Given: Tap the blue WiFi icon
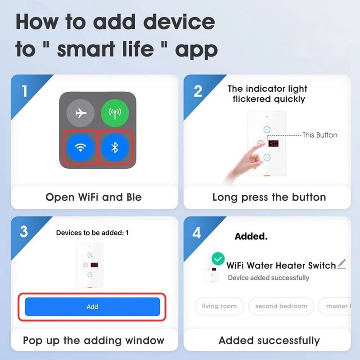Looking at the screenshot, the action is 81,148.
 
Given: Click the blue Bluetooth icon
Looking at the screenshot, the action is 115,148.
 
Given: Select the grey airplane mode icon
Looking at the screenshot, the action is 81,113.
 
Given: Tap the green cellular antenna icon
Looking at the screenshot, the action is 115,113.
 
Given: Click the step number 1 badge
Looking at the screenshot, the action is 25,91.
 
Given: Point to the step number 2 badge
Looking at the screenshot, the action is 198,91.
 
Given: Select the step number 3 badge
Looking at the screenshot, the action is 24,231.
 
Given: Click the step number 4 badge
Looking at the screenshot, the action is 197,233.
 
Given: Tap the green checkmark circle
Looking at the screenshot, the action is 218,259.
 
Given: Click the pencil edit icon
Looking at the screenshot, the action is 342,264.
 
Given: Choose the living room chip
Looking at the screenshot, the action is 219,306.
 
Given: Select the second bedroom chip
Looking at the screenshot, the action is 281,306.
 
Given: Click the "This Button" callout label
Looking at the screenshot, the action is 320,135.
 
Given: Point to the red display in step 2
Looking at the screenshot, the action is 274,144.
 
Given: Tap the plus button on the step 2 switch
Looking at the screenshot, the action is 267,130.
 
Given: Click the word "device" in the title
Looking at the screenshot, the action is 179,22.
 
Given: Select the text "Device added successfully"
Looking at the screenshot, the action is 268,278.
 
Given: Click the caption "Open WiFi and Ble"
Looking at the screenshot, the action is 94,197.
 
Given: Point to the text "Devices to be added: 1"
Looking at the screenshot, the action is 92,233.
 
